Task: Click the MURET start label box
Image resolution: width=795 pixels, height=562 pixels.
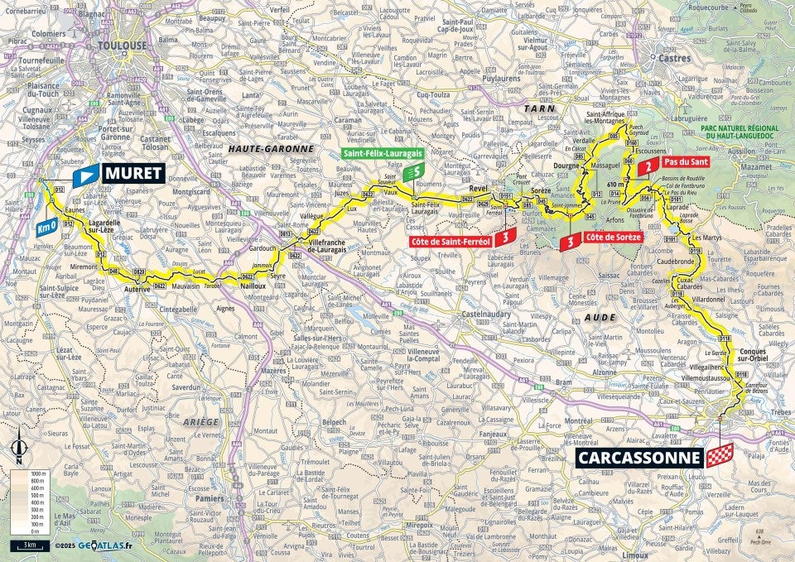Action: click(x=132, y=174)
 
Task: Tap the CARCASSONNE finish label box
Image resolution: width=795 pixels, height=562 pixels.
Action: click(x=638, y=456)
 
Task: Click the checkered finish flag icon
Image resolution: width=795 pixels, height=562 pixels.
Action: click(x=719, y=456)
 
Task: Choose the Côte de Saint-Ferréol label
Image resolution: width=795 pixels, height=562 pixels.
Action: click(x=450, y=241)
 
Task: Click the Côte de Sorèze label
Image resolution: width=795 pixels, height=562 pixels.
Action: click(x=613, y=238)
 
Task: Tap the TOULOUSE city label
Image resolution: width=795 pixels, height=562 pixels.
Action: click(x=122, y=46)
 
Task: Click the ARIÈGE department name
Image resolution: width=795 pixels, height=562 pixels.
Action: click(x=196, y=421)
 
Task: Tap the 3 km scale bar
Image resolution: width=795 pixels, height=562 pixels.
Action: click(x=28, y=545)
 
